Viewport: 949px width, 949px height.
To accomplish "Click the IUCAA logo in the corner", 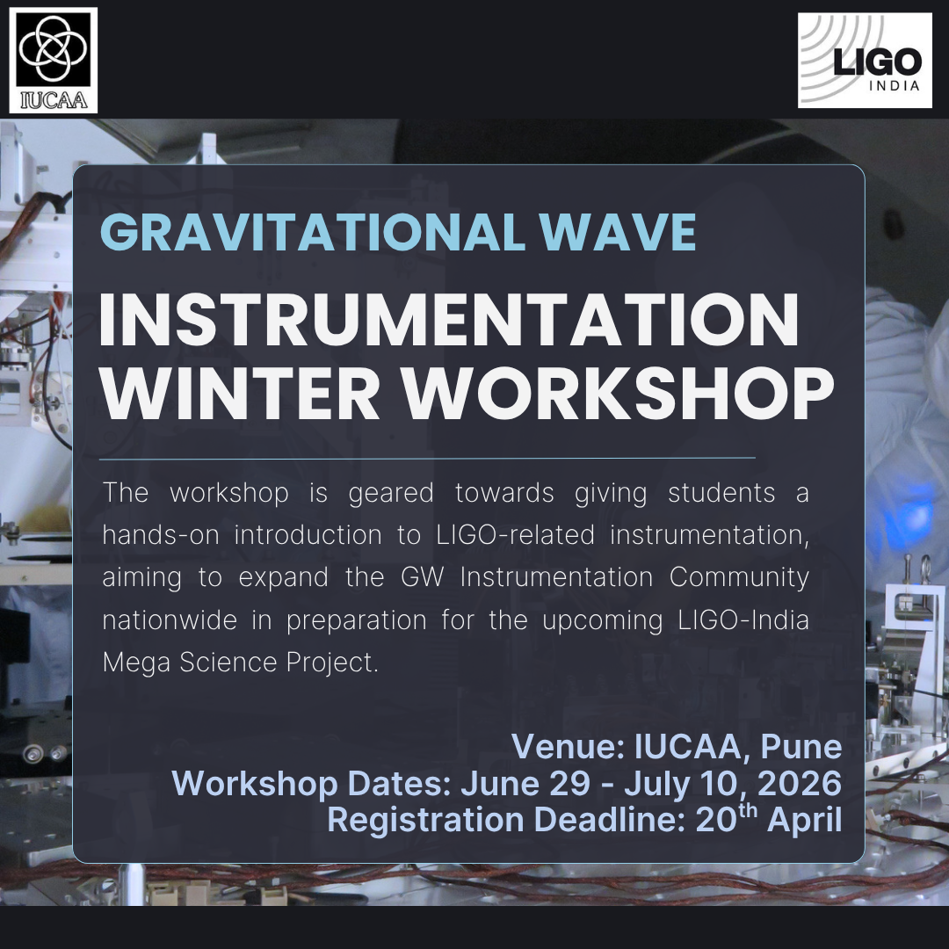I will [54, 60].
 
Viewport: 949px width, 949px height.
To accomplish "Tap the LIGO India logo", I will [865, 61].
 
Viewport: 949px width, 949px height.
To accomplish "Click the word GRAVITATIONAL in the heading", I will [310, 232].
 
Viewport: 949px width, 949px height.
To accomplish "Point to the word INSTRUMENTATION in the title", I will [449, 322].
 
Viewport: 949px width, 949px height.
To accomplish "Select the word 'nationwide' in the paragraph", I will [170, 619].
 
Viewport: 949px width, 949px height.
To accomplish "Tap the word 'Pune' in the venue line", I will [800, 747].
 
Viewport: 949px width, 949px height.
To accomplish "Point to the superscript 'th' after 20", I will [748, 810].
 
